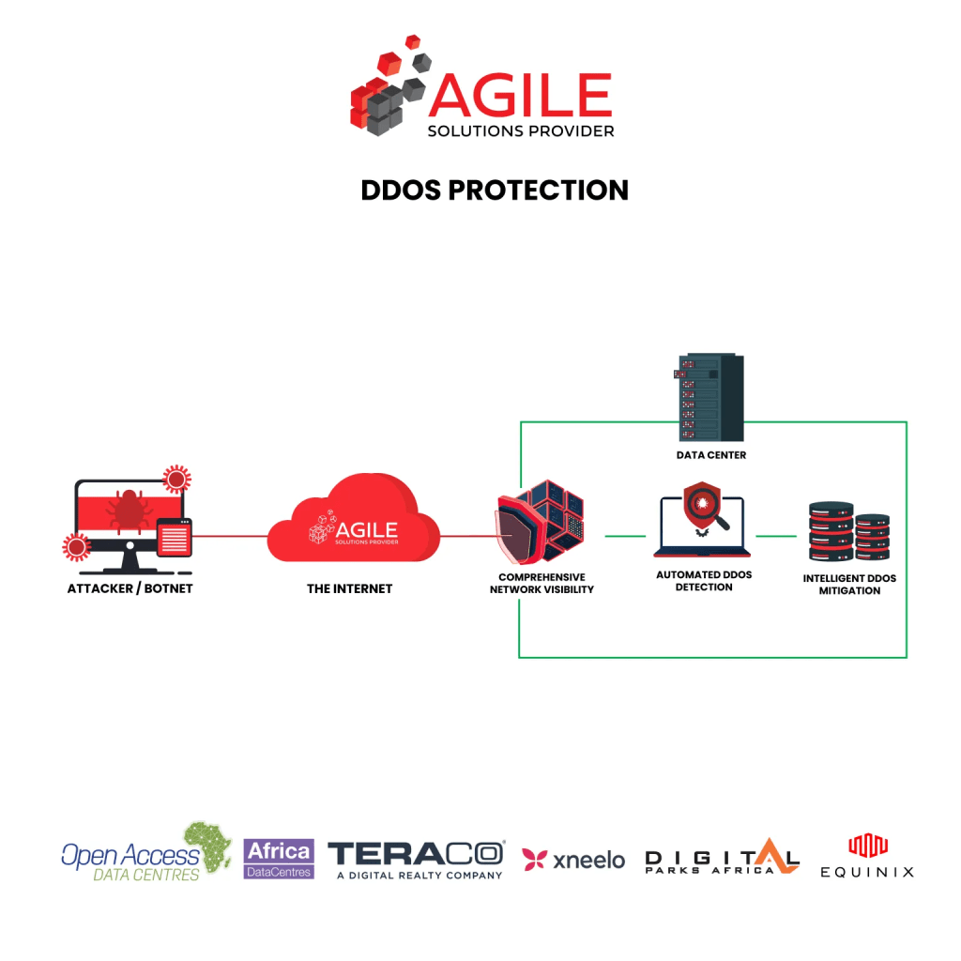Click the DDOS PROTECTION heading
495,190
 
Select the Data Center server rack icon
709,397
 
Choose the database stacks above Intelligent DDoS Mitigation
848,531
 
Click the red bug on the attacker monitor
129,510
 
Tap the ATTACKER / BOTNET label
130,588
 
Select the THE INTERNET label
349,588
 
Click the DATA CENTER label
711,455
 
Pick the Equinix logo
867,856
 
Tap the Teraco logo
417,860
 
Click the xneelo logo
573,860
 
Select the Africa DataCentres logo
279,859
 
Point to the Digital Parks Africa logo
722,856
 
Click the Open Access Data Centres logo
145,852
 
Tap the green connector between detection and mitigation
776,536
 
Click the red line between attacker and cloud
230,536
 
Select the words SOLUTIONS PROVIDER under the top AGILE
521,131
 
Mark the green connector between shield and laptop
625,536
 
